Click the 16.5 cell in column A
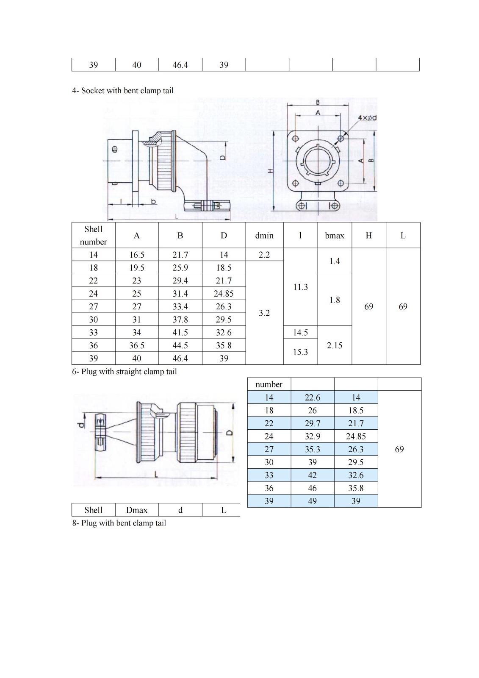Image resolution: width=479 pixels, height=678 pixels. click(137, 255)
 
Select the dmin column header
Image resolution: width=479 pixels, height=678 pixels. click(264, 236)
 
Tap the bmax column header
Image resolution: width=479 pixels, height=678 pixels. click(334, 236)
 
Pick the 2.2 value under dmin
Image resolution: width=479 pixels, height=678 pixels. click(264, 255)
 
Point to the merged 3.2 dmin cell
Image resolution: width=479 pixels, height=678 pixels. click(264, 313)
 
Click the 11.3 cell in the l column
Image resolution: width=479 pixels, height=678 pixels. click(300, 287)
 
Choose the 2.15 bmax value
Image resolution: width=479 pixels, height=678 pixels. click(334, 345)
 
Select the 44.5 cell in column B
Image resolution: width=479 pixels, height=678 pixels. click(180, 345)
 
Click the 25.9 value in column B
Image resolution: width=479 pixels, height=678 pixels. click(180, 268)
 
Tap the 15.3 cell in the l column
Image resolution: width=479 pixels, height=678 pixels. click(300, 352)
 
